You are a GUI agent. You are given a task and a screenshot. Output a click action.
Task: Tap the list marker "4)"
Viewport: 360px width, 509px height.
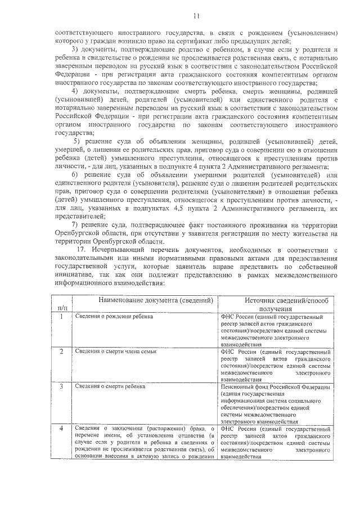tap(75, 92)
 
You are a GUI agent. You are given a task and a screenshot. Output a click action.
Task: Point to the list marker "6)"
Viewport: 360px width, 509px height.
tap(75, 175)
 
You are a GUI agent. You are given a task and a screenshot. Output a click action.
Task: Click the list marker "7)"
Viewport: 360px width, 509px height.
tap(75, 225)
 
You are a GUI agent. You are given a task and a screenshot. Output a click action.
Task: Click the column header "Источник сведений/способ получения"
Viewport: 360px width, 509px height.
tap(275, 305)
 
